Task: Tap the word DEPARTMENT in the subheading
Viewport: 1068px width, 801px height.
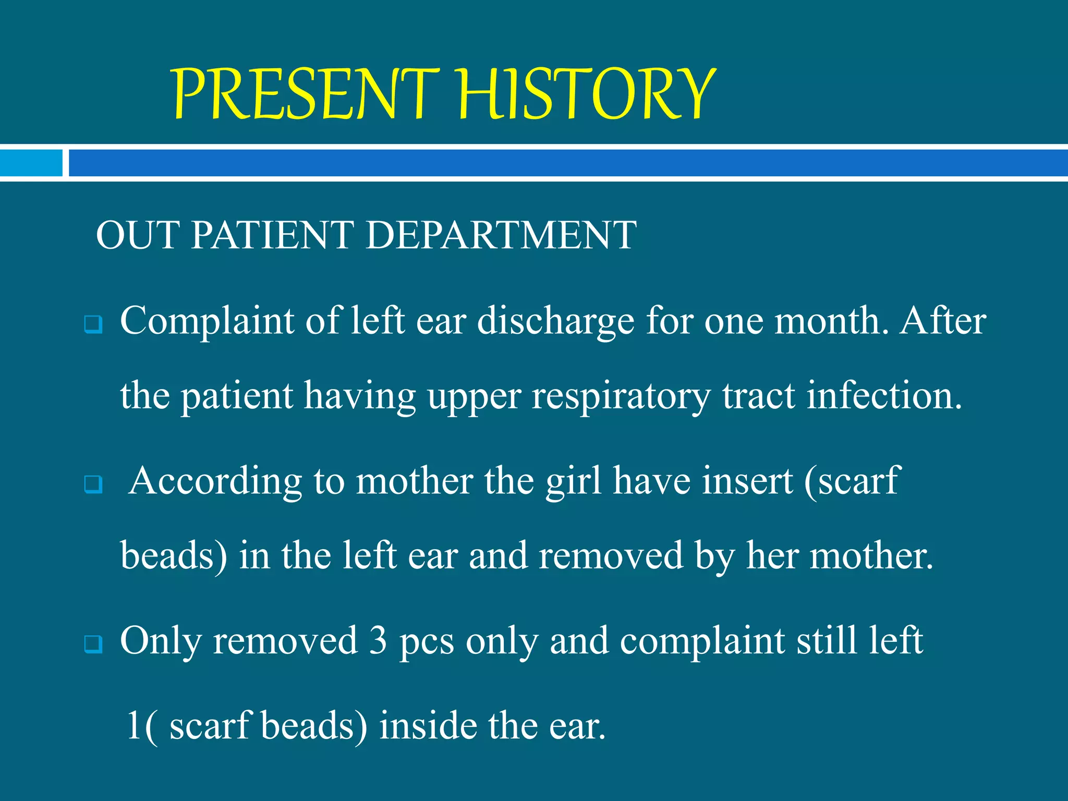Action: [x=501, y=235]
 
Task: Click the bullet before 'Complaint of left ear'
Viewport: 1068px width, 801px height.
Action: [x=93, y=325]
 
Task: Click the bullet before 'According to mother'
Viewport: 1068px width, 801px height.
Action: [x=93, y=485]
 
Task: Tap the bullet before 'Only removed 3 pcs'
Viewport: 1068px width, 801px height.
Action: [x=93, y=645]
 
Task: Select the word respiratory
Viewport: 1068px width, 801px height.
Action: [x=621, y=396]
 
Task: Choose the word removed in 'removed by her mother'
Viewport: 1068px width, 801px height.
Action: [x=610, y=556]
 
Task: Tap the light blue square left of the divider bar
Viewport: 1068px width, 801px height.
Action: [x=31, y=163]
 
